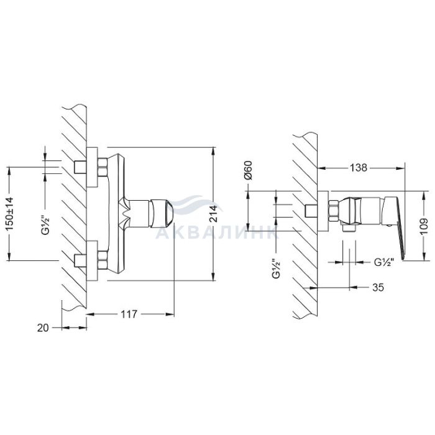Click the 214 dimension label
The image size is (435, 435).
coord(213,214)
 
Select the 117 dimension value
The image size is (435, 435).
coord(129,314)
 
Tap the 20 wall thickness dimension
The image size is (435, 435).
coord(43,328)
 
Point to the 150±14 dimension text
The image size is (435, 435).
coord(9,214)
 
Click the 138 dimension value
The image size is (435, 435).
coord(358,168)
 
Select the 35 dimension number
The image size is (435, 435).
coord(378,287)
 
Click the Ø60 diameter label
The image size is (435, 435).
coord(248,170)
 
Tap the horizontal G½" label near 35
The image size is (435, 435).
coord(384,262)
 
